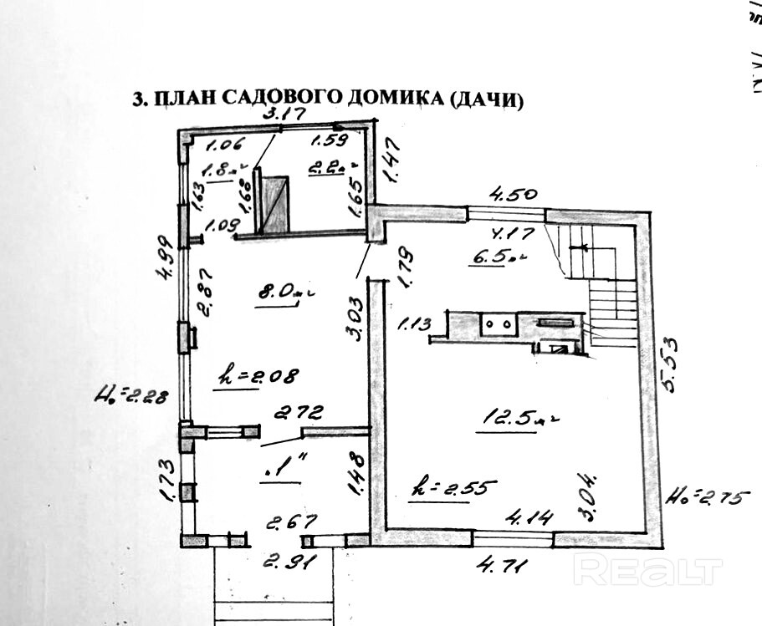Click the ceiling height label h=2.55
tap(453, 486)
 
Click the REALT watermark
tap(647, 571)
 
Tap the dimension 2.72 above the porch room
tap(299, 412)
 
